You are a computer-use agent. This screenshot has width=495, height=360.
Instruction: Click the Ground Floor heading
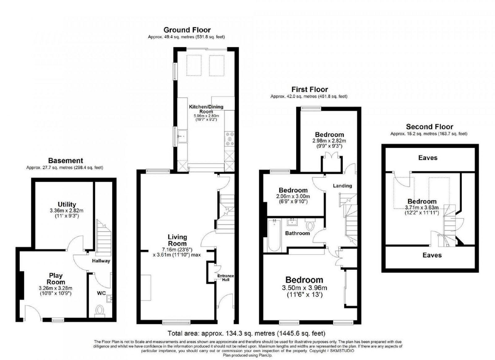click(187, 30)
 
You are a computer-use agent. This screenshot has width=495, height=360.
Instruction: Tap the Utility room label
click(67, 204)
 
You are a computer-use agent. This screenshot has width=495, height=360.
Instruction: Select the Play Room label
click(57, 279)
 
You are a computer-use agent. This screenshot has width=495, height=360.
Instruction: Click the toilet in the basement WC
click(100, 311)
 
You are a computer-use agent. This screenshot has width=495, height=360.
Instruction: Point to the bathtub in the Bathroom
click(274, 235)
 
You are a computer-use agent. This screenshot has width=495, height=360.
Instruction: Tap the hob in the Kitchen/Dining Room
click(229, 139)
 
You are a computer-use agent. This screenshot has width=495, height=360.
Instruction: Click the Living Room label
click(177, 240)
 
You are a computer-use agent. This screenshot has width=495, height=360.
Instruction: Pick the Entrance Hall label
click(226, 278)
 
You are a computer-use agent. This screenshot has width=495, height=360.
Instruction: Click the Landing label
click(342, 186)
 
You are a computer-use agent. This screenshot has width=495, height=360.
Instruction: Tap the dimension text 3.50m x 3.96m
click(304, 288)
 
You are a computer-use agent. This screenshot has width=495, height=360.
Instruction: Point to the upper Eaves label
click(428, 158)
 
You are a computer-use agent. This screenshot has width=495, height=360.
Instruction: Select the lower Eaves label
click(432, 255)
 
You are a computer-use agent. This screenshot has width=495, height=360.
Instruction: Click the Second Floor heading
click(430, 126)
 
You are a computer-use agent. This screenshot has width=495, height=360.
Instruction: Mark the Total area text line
click(247, 333)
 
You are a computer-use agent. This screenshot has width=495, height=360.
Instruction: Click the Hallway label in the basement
click(101, 261)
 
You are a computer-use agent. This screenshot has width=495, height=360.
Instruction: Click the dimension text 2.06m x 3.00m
click(293, 196)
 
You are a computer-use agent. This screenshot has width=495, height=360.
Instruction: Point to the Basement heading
click(66, 160)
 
